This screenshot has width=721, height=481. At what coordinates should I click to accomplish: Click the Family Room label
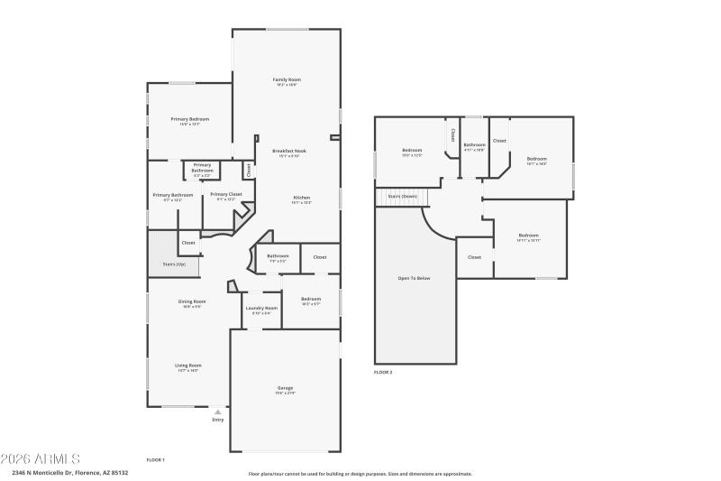(x=286, y=80)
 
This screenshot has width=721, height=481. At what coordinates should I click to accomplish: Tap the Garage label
(x=286, y=388)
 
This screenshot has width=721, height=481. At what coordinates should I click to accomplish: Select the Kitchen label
(x=301, y=198)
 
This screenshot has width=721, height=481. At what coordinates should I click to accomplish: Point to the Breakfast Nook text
(x=289, y=151)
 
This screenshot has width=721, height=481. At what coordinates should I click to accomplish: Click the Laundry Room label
(x=261, y=308)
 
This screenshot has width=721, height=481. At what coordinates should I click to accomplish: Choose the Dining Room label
(x=191, y=301)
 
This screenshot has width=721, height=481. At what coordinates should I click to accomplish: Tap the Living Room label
(x=187, y=365)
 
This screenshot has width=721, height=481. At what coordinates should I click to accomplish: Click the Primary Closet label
(x=226, y=194)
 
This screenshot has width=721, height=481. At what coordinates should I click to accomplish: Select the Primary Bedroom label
(x=190, y=119)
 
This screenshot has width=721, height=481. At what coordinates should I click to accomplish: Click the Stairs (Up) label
(x=174, y=264)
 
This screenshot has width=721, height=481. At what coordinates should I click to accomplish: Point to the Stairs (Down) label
(x=402, y=196)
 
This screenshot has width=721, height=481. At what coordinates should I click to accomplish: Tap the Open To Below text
(x=415, y=278)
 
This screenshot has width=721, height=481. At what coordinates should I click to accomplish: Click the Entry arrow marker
(x=217, y=412)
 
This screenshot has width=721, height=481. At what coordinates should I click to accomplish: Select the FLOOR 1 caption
(x=156, y=459)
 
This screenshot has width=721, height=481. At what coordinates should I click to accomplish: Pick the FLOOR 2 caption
(x=383, y=372)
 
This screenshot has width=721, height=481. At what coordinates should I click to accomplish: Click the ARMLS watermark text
(x=41, y=458)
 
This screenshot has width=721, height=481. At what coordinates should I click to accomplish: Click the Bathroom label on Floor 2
(x=474, y=144)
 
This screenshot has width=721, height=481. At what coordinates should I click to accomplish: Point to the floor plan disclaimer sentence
(x=360, y=473)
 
